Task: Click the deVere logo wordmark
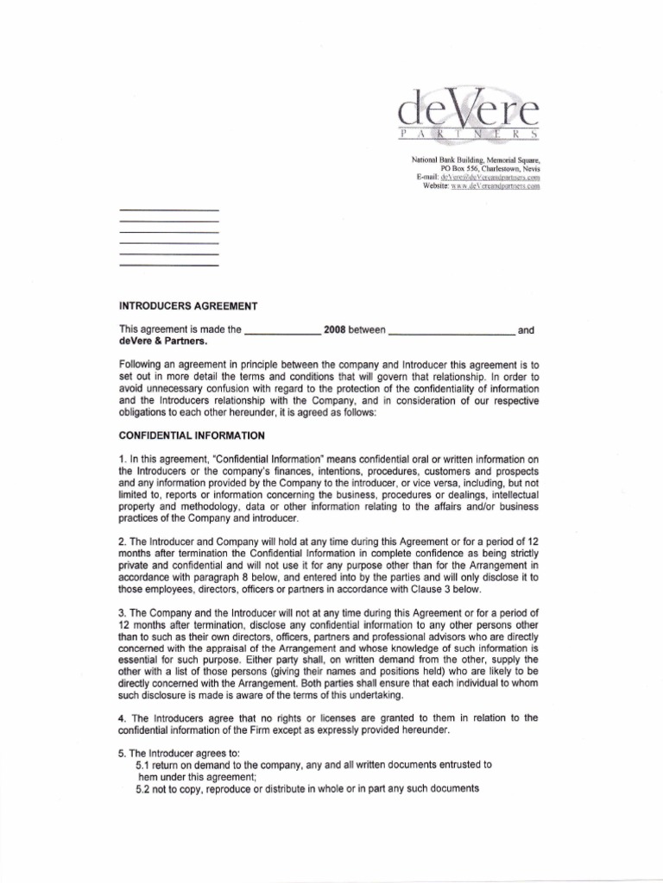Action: pyautogui.click(x=469, y=112)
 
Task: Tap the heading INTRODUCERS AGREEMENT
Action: pyautogui.click(x=187, y=306)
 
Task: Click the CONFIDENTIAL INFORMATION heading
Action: pyautogui.click(x=192, y=435)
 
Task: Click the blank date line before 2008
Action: pyautogui.click(x=282, y=331)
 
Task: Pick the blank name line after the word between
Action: pyautogui.click(x=451, y=331)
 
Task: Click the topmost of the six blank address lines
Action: pyautogui.click(x=168, y=211)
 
